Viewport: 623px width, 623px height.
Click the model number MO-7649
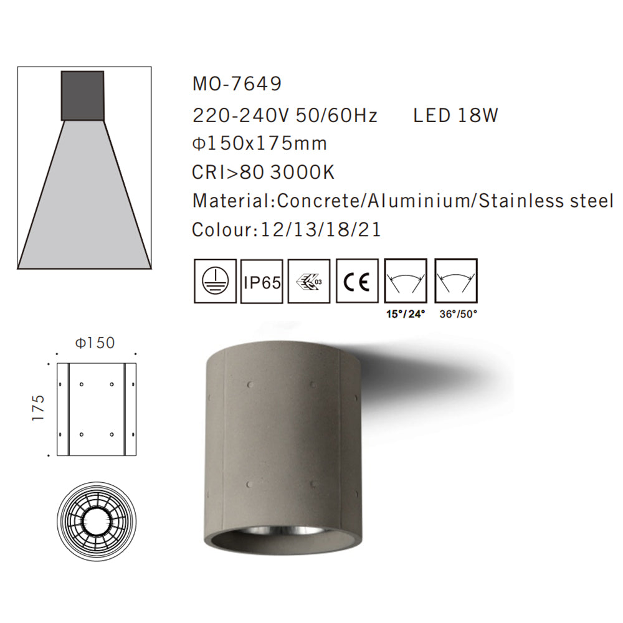point(237,83)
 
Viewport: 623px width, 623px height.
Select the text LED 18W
point(455,116)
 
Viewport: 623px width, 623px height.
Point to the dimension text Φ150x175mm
point(260,144)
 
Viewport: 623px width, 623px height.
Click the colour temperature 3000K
point(302,173)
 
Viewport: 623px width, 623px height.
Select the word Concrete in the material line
point(320,201)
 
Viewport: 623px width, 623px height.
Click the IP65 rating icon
point(262,281)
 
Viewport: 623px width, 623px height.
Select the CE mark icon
point(357,281)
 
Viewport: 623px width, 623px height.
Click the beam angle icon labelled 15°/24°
point(406,281)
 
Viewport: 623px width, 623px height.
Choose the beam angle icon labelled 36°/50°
point(455,281)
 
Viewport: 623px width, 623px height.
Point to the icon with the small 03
point(310,281)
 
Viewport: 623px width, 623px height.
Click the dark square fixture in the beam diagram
point(82,96)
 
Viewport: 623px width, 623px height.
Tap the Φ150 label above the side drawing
point(95,343)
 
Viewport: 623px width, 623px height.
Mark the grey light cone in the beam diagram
point(84,199)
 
